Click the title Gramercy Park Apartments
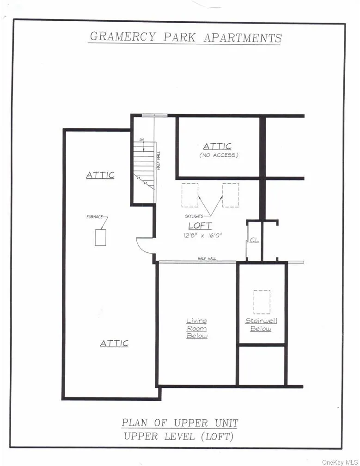[184, 37]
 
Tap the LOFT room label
[200, 226]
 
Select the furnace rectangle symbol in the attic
[100, 237]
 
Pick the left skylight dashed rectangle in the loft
[189, 195]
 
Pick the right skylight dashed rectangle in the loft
[230, 195]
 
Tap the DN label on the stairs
[142, 140]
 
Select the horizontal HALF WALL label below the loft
[207, 258]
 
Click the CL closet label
[254, 240]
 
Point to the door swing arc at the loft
[144, 245]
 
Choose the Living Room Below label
[197, 328]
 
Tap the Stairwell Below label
[261, 325]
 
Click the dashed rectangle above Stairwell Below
[262, 301]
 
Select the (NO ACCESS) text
[219, 155]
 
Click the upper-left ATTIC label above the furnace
[100, 175]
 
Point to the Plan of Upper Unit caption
[180, 423]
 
